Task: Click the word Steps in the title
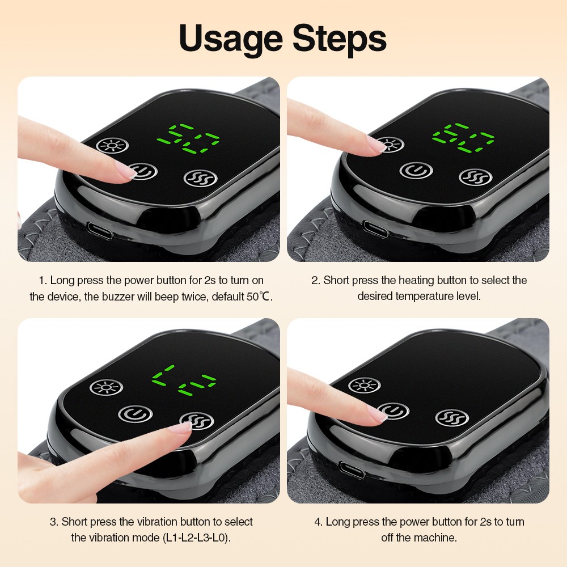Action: [x=340, y=39]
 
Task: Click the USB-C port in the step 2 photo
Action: [x=375, y=228]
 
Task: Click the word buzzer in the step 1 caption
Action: [x=119, y=297]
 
